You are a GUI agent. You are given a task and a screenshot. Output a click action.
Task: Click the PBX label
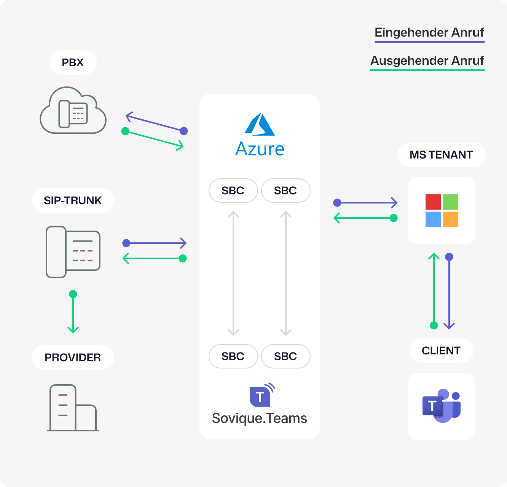73,62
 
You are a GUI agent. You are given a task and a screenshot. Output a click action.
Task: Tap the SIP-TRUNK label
73,200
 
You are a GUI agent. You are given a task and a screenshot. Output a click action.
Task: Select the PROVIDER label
73,357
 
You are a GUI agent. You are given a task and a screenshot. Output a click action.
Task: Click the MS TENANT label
441,155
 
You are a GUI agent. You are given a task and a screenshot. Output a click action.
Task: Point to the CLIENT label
441,351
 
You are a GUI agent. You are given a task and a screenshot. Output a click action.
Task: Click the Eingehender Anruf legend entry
429,33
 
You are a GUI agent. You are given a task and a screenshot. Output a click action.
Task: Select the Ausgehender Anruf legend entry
427,61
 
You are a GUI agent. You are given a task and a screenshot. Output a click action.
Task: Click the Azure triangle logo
260,124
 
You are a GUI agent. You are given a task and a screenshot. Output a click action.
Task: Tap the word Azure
260,149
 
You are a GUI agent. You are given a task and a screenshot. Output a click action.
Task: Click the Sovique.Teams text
260,418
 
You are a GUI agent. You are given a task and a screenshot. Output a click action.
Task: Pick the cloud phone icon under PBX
73,111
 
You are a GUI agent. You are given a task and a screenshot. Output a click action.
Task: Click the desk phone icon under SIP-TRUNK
73,252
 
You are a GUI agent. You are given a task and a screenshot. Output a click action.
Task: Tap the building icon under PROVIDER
73,408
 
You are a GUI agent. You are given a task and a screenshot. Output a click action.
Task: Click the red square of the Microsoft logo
433,202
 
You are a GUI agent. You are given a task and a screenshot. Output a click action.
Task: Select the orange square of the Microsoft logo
450,219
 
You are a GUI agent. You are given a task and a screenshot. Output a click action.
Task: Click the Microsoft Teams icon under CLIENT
442,406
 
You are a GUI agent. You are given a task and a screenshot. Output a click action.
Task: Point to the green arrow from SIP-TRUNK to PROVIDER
73,312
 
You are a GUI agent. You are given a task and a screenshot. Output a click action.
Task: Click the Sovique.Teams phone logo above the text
262,395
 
